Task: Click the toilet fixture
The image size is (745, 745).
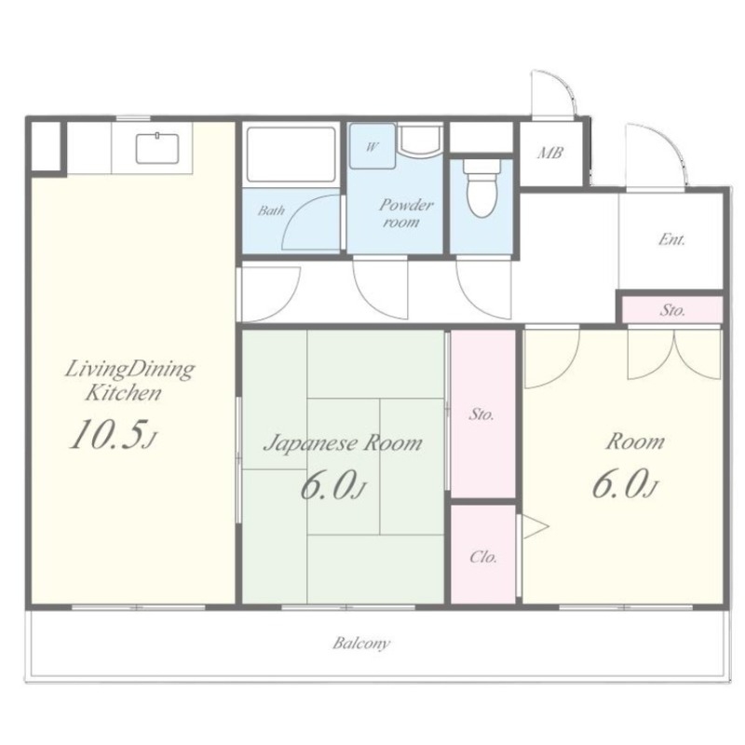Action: [x=481, y=188]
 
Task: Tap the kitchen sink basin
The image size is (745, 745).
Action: [x=157, y=149]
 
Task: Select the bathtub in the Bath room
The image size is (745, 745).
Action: [x=291, y=155]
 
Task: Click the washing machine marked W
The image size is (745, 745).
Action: [x=372, y=146]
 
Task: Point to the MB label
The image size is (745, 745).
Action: [x=550, y=153]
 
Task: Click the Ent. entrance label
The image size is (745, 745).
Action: [x=671, y=239]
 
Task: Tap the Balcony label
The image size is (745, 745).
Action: [x=361, y=643]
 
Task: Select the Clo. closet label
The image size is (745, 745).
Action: [x=483, y=556]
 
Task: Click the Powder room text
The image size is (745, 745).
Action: [x=404, y=213]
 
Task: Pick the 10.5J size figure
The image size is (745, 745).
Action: [x=112, y=435]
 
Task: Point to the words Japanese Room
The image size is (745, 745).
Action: [x=343, y=444]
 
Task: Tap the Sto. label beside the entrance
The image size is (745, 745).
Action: [x=672, y=310]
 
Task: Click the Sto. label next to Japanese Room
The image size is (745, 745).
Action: [x=481, y=414]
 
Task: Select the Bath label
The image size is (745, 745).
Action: [x=271, y=210]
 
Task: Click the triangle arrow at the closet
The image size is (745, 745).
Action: [x=534, y=526]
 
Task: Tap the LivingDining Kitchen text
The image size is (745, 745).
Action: [x=129, y=381]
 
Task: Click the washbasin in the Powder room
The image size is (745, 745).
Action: [x=420, y=142]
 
